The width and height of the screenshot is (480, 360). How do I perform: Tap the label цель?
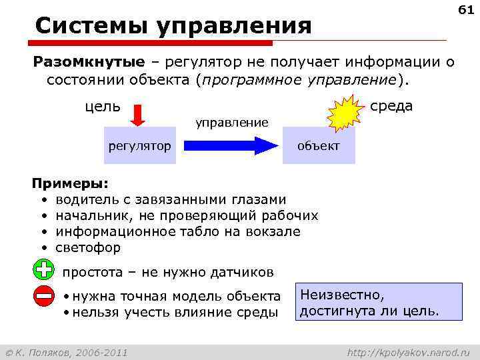pyautogui.click(x=103, y=107)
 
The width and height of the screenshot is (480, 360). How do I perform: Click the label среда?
pyautogui.click(x=391, y=106)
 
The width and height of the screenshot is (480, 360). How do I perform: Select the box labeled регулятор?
pyautogui.click(x=139, y=146)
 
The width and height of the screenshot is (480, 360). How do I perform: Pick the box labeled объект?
pyautogui.click(x=318, y=146)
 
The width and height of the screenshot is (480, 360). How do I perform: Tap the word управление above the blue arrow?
pyautogui.click(x=231, y=122)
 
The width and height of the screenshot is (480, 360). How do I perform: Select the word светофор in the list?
pyautogui.click(x=88, y=247)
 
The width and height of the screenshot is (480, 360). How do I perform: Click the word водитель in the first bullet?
pyautogui.click(x=85, y=199)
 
